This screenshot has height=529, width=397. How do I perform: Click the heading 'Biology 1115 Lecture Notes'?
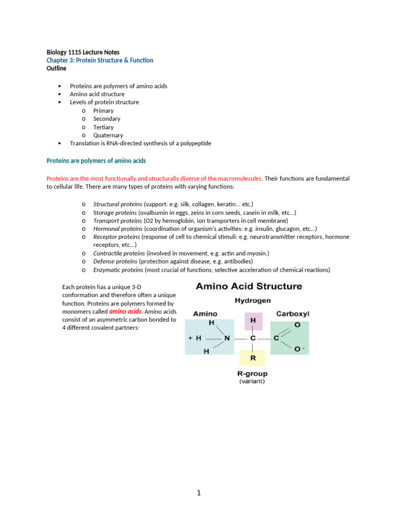point(83,52)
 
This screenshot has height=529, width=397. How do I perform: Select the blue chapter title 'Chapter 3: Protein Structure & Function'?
point(100,60)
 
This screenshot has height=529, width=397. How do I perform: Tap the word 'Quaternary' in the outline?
point(108,135)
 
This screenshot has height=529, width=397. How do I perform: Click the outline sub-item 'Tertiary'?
point(103,127)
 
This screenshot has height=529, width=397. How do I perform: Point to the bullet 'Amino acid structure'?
point(97,94)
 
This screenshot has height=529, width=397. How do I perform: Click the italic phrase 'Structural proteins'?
point(118,204)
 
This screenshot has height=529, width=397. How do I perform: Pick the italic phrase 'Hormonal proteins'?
point(118,228)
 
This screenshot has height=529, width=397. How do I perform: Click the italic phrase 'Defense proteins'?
point(116,261)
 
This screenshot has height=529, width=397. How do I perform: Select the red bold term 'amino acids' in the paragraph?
point(125,312)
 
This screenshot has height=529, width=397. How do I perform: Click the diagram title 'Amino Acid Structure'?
point(249,286)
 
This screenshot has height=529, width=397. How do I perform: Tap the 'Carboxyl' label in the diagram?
point(293,314)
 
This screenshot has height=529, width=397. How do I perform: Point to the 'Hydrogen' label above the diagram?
point(253,300)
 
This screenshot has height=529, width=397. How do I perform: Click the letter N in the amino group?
point(226,338)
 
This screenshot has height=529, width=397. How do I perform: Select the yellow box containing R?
point(253,357)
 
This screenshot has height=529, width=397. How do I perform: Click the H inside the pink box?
point(253,321)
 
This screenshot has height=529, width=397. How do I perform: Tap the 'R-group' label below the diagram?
point(252,374)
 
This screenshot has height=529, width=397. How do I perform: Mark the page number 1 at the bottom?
point(198,493)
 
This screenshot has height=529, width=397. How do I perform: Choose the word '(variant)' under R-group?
point(252,382)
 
